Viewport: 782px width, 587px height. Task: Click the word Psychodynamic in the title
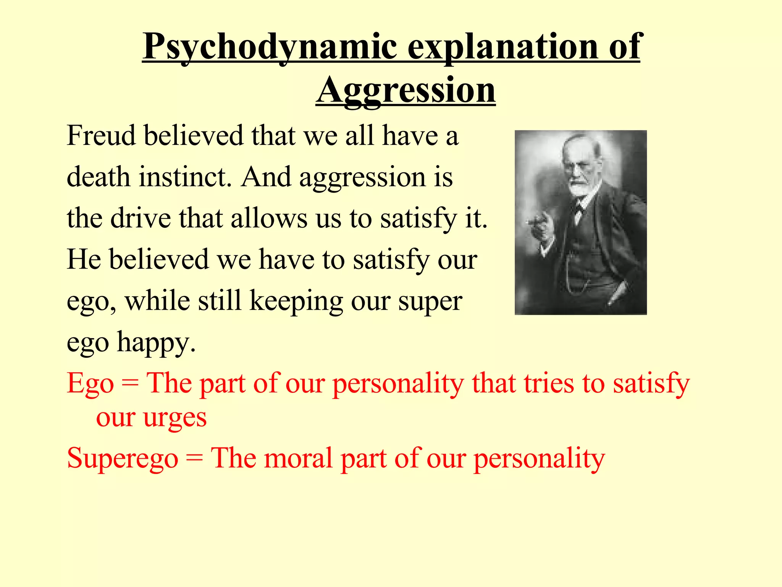click(270, 47)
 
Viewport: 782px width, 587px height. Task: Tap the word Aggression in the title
click(406, 90)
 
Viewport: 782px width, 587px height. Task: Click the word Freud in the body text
click(101, 135)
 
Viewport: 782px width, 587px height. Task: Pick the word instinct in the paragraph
click(185, 177)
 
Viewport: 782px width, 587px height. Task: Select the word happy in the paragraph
click(156, 343)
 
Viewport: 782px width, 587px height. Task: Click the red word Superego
click(123, 458)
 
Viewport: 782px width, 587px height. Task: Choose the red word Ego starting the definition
click(90, 383)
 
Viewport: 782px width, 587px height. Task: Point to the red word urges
click(175, 418)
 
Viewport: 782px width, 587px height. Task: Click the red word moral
click(298, 458)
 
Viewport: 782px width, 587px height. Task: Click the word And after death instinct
click(266, 177)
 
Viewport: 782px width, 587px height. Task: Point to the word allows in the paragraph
click(269, 218)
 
